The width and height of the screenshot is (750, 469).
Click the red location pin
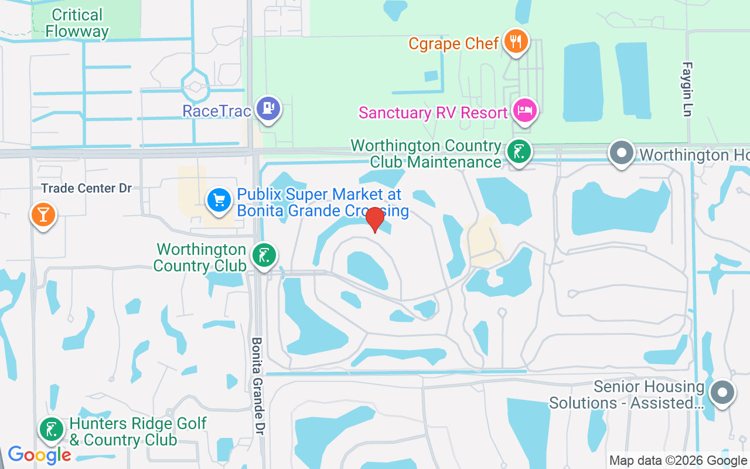pos(374,220)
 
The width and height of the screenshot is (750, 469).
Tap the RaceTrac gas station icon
pos(268,108)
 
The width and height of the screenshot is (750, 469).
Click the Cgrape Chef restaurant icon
pos(516,42)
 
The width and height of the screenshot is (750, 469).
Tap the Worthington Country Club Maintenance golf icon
pos(518,152)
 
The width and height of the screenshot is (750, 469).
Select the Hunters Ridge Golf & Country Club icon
pos(52,430)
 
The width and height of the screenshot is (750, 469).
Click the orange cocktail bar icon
pos(43,215)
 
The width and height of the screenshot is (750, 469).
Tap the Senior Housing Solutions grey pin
pos(722,392)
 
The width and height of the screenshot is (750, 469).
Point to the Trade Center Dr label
pos(86,188)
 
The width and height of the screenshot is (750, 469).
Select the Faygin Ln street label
pos(687,89)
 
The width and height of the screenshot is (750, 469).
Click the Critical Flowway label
pos(77,23)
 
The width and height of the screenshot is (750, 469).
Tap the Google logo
pos(39,454)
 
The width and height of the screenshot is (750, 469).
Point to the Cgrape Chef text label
pos(454,43)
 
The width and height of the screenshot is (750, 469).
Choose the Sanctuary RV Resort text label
pos(433,113)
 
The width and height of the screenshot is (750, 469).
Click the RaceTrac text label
pos(217,110)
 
